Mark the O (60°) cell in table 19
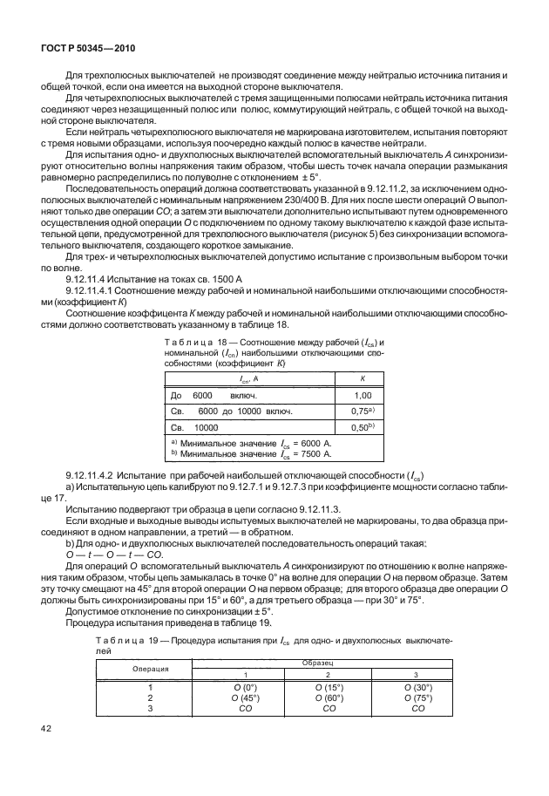coord(329,697)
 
